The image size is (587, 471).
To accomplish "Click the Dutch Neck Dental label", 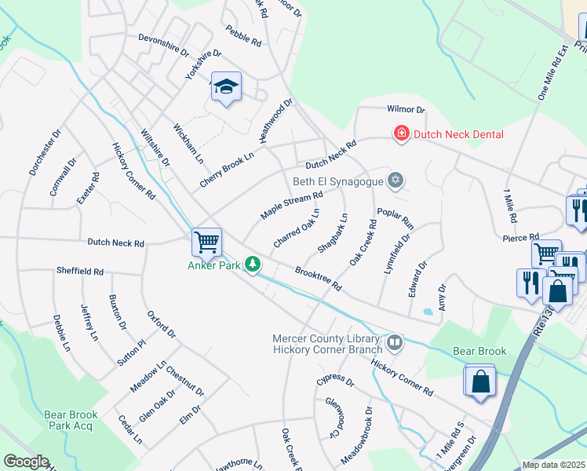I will (458, 134).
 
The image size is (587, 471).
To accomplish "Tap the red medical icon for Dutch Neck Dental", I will (402, 134).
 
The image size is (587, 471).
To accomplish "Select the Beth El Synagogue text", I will (337, 181).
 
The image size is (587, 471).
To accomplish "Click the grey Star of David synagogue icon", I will (396, 181).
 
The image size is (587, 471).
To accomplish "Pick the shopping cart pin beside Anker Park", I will (206, 242).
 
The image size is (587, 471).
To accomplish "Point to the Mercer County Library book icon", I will (395, 341).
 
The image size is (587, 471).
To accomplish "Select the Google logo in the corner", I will (26, 462).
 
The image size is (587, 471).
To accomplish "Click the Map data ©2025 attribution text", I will (554, 465).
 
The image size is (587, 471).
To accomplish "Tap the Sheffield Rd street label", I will (79, 271).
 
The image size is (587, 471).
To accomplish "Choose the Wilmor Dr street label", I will (405, 110).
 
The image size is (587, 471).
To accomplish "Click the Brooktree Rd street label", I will (318, 279).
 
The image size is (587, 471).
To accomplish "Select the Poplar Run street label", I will (395, 217).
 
